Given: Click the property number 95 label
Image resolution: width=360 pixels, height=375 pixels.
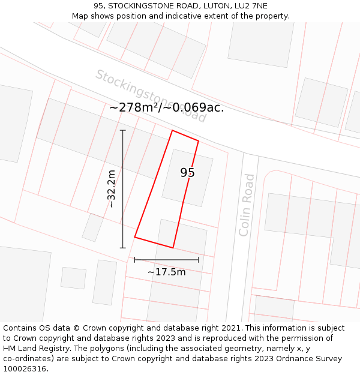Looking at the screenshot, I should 187,173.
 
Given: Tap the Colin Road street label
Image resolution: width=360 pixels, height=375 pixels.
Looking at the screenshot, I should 247,205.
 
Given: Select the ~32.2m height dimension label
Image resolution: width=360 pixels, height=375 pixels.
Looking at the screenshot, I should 112,189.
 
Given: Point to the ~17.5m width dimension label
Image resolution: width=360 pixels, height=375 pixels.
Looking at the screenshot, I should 166,272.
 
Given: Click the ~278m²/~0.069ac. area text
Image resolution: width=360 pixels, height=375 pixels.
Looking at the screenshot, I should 166,107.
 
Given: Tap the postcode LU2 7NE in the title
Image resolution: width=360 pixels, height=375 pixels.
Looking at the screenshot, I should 250,6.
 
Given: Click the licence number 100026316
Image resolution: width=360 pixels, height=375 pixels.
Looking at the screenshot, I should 25,369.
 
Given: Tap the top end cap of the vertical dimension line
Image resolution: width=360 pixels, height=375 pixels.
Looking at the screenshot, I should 123,130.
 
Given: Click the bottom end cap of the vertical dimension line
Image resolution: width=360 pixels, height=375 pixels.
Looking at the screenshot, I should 123,247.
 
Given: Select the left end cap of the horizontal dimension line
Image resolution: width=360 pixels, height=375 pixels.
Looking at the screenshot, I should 135,260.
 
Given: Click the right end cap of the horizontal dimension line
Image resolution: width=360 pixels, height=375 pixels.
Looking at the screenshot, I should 198,260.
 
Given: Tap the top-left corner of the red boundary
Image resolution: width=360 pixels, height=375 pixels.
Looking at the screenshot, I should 173,130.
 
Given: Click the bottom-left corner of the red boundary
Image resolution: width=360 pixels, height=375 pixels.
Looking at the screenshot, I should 135,237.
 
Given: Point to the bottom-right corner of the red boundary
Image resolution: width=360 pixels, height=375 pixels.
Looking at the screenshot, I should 173,247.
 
